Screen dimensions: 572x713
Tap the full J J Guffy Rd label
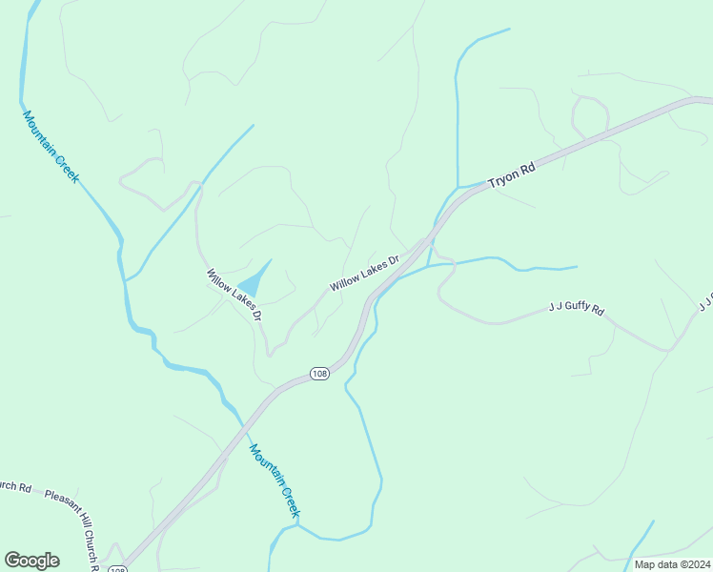pos(577,309)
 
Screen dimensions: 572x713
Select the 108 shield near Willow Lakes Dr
pos(319,374)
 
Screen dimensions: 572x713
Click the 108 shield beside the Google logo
pos(116,569)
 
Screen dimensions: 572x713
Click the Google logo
pos(31,561)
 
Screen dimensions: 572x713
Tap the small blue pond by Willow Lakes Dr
pos(252,283)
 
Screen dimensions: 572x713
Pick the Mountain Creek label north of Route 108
pos(51,147)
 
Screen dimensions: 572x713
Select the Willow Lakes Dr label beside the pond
pos(234,294)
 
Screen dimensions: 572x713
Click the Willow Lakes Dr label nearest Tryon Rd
pos(363,273)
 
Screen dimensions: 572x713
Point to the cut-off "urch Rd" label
pos(15,487)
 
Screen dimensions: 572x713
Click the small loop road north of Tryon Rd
pos(590,114)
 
